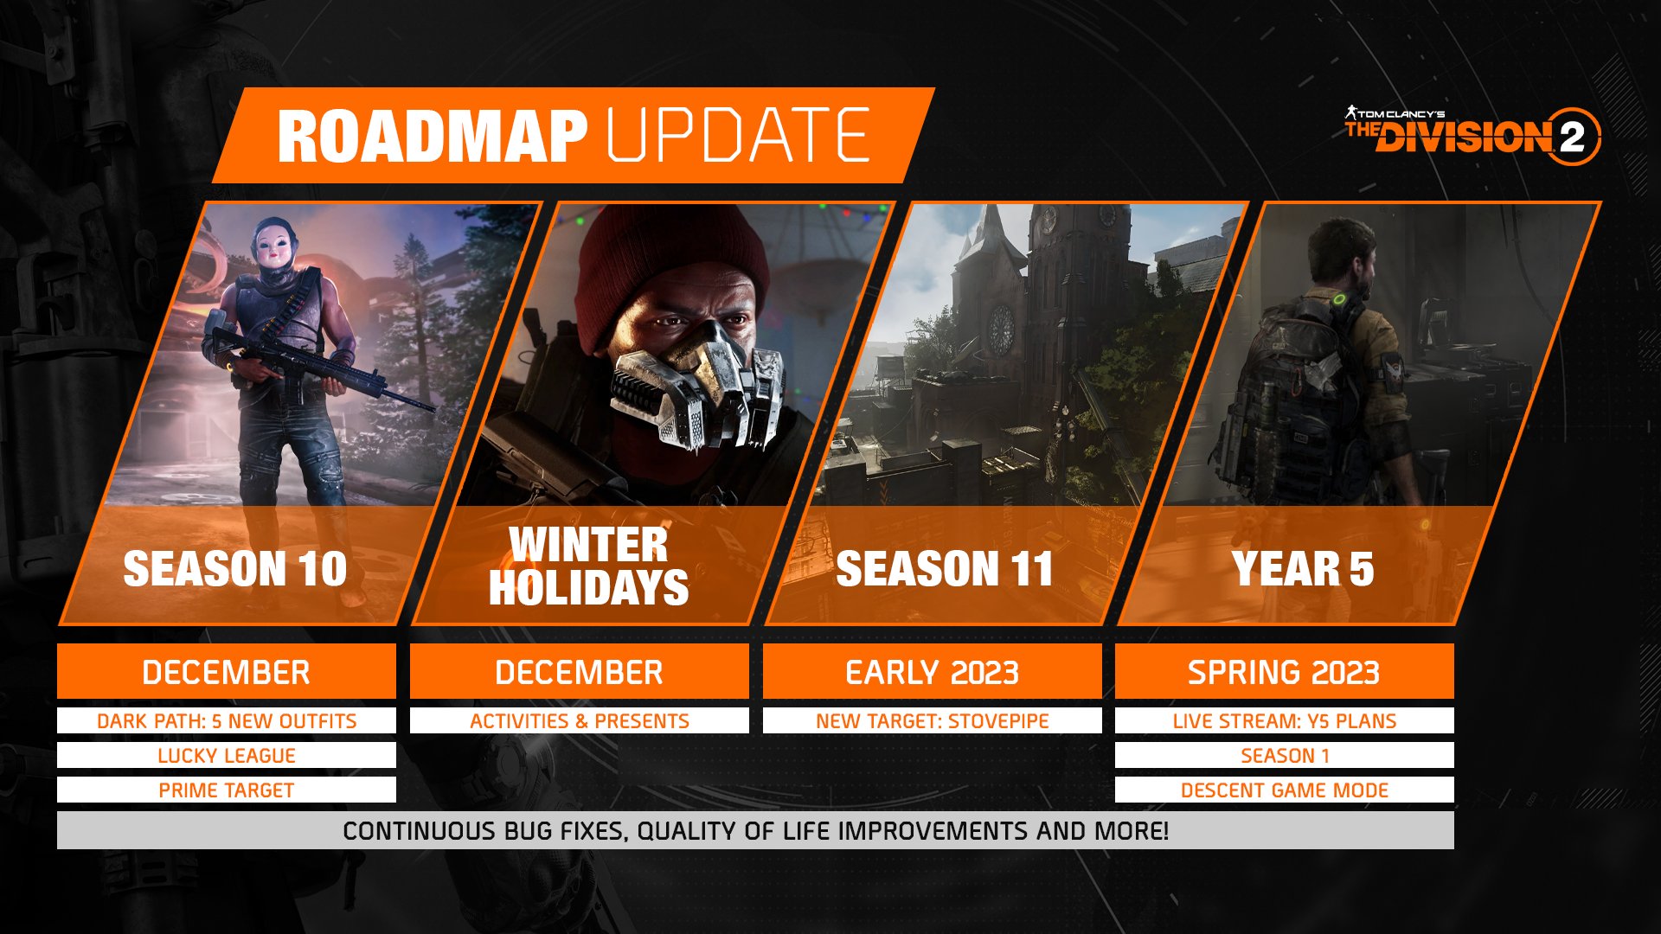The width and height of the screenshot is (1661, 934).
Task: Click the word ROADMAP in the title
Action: tap(432, 136)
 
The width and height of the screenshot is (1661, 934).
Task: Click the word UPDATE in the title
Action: tap(739, 136)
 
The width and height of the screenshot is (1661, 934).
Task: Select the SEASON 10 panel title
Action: tap(235, 568)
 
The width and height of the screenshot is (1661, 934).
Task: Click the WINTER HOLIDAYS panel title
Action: tap(588, 566)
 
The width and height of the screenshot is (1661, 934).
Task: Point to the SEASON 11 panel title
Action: tap(945, 568)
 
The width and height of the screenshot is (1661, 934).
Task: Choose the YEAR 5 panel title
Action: tap(1303, 568)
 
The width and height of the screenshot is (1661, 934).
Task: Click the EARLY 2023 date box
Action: tap(932, 672)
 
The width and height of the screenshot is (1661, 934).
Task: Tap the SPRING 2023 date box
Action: tap(1284, 672)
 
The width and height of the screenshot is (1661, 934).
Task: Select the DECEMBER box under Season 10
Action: tap(226, 672)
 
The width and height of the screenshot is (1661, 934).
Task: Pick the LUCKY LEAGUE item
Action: tap(226, 755)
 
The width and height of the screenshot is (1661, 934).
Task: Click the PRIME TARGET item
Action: tap(226, 790)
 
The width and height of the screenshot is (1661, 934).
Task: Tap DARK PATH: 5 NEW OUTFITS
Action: tap(226, 720)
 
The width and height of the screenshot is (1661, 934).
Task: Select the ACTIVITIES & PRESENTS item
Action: tap(579, 720)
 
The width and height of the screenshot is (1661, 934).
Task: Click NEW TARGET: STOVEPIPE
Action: tap(932, 720)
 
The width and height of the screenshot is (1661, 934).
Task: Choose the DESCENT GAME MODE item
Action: tap(1284, 790)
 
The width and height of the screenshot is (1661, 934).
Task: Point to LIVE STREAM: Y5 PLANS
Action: tap(1284, 720)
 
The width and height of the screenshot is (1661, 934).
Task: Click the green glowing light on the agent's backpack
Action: tap(1340, 300)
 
